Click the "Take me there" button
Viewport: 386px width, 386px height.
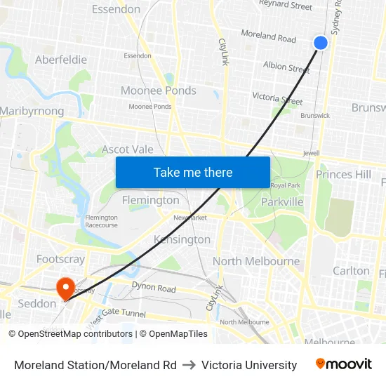[193, 172]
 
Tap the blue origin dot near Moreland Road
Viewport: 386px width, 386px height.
[320, 43]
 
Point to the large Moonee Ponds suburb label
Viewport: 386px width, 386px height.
[159, 91]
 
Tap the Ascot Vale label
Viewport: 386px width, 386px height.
[128, 149]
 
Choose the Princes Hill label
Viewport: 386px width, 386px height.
[343, 174]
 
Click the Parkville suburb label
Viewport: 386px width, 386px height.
[282, 201]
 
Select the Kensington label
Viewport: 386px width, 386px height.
[182, 239]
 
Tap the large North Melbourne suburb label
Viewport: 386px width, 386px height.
[256, 261]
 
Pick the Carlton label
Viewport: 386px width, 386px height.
[351, 270]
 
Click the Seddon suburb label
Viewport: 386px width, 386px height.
[36, 303]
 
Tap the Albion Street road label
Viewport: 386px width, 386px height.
[286, 68]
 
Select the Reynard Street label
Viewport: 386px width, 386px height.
[286, 6]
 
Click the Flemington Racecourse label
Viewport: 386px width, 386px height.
[102, 222]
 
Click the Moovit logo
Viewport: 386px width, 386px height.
[343, 364]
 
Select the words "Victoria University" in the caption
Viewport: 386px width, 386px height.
[249, 365]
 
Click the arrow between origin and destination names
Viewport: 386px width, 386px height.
[189, 365]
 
